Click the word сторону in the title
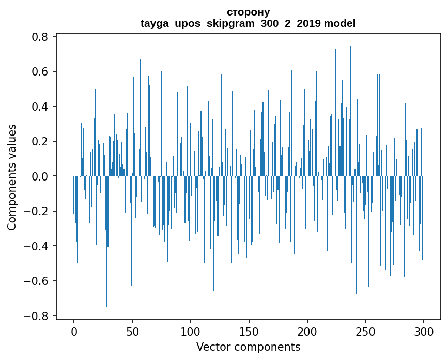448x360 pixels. point(248,12)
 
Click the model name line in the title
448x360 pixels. point(248,23)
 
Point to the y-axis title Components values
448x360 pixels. point(12,176)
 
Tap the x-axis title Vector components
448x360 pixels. point(248,347)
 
